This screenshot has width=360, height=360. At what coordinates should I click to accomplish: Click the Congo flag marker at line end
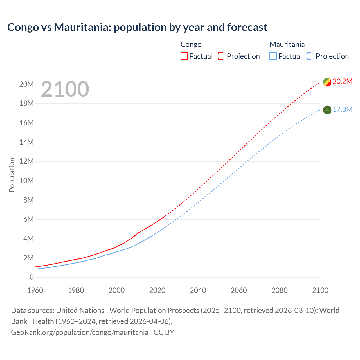point(327,82)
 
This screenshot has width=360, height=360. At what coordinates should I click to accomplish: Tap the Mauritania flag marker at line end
point(327,110)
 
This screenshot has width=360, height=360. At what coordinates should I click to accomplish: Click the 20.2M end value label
point(342,81)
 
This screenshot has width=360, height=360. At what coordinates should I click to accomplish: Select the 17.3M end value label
point(342,109)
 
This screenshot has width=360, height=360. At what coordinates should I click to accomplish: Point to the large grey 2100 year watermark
point(65,89)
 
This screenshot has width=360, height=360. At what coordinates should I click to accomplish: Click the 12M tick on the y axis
point(26,161)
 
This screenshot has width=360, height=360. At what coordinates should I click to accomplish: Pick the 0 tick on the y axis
point(31,277)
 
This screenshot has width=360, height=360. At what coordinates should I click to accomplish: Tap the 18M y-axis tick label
point(26,103)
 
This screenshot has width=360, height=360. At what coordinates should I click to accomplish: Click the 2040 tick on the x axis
point(198,290)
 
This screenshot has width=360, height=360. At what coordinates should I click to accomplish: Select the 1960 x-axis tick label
point(35,290)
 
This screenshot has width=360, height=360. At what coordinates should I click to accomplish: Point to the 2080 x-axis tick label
point(280,290)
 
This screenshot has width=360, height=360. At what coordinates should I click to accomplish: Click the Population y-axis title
point(12,175)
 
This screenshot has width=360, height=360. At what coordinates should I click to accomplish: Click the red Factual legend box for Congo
point(184,56)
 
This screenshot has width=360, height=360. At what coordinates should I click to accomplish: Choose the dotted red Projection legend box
point(222,56)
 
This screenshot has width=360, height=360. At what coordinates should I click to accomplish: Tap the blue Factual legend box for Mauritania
point(273,56)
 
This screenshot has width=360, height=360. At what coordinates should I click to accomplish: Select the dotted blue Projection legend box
point(311,56)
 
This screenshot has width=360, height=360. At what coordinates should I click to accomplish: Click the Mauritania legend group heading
point(287,44)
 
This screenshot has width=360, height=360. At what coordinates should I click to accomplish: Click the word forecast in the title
point(247,27)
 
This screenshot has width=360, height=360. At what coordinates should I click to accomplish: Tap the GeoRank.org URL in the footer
point(80,332)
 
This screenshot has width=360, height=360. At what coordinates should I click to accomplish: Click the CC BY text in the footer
point(164,332)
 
